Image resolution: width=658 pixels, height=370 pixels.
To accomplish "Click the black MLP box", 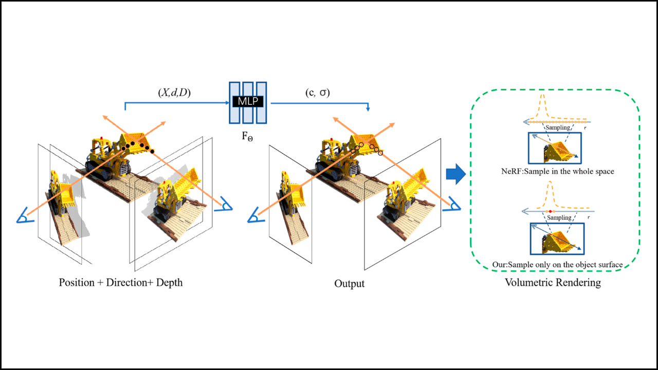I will point(247,102).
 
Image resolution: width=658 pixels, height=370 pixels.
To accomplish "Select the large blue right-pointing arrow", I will point(455,175).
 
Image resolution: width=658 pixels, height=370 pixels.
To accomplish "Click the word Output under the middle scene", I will point(349,283).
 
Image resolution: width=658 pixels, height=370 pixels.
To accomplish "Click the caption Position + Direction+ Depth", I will point(121,283).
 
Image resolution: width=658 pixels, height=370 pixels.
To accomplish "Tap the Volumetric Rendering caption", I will point(553,283).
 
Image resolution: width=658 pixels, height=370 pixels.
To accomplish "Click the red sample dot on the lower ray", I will point(550,211).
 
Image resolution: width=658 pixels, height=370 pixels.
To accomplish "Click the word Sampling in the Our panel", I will point(558,217).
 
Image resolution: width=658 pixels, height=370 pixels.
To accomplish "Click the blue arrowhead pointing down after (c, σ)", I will point(368,109).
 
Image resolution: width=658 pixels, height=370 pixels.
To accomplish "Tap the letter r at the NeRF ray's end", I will point(584,127).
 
